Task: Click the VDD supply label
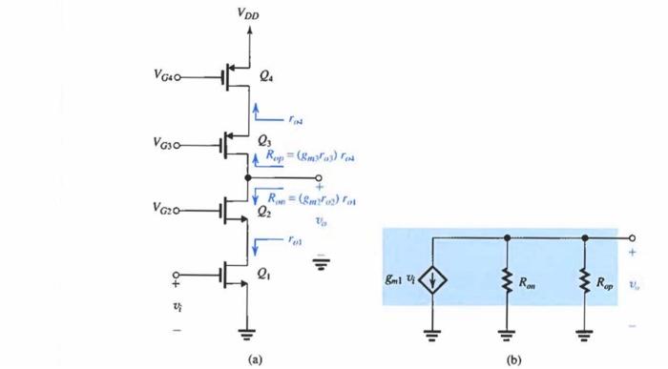pos(247,13)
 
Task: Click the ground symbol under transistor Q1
pos(250,334)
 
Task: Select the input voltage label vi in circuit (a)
pos(176,307)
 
